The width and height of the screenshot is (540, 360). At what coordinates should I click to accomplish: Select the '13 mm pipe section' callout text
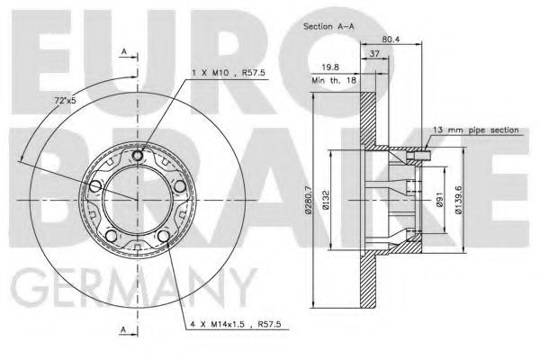pyautogui.click(x=475, y=130)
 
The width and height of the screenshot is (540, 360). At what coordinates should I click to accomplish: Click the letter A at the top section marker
pyautogui.click(x=123, y=51)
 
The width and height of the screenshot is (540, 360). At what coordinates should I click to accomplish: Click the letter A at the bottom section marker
pyautogui.click(x=123, y=330)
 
